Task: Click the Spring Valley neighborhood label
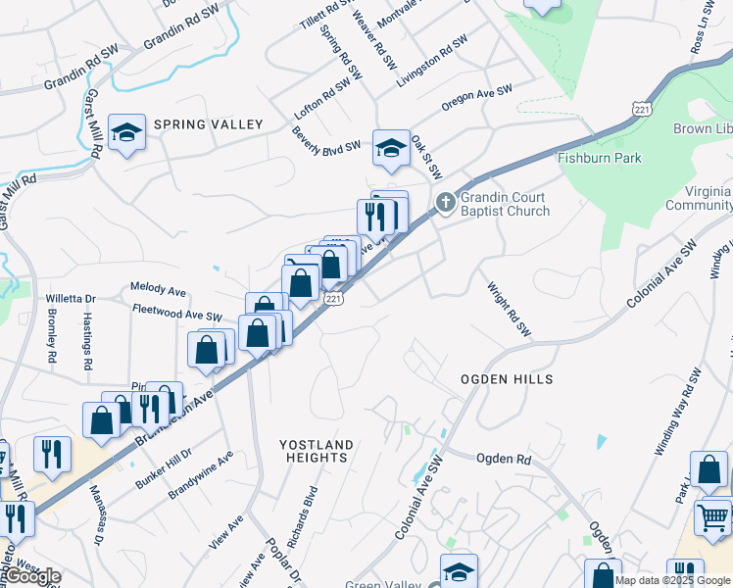point(207,124)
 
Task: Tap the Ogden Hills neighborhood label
point(508,379)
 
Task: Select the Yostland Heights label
point(315,451)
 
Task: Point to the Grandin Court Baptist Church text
point(506,203)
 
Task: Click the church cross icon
point(445,203)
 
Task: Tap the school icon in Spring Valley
point(126,132)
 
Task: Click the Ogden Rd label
point(503,459)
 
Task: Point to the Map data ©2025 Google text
point(673,580)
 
